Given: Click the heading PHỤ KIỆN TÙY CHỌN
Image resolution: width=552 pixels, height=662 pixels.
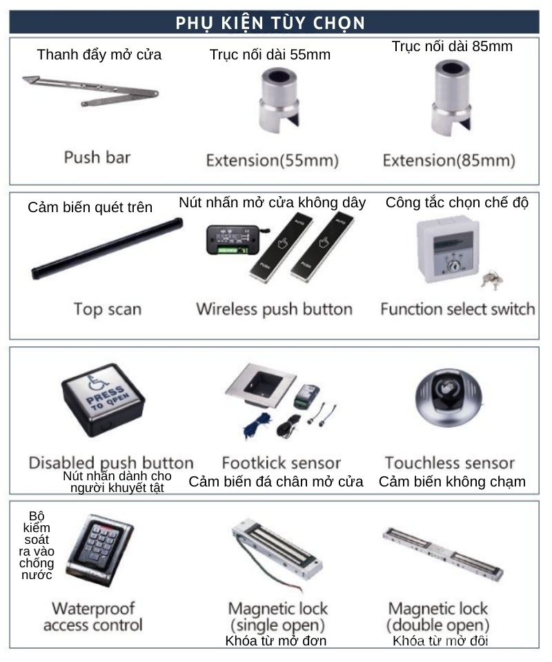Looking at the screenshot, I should coord(270,23).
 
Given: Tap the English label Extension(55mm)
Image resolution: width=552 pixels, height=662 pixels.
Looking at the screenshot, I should coord(273,161).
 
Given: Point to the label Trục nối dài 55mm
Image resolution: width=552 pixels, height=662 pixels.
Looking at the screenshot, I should coord(270,55).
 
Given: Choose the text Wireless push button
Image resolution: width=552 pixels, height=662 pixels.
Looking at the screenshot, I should coord(274,309).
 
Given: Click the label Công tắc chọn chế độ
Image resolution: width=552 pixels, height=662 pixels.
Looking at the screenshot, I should coord(457,202).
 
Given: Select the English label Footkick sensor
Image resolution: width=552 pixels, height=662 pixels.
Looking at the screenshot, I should coord(282,462).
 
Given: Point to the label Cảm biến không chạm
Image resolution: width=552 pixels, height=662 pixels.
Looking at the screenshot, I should coord(452,482).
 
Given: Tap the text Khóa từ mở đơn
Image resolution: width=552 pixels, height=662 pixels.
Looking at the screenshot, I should coord(276,641).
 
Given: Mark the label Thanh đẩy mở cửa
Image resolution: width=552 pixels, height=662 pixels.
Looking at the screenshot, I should coord(99,55).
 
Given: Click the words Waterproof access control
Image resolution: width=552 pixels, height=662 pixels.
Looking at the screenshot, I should coord(93,617).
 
